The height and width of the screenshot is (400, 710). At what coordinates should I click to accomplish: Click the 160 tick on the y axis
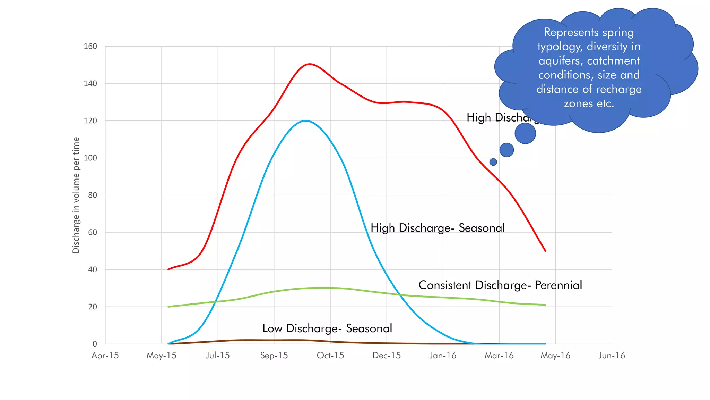90,46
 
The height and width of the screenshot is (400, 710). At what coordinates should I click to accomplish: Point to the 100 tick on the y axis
90,158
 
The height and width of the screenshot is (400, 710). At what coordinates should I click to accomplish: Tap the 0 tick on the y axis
95,344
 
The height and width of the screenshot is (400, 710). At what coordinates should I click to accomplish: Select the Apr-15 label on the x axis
105,356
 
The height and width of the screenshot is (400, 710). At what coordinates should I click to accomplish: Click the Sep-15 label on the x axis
274,356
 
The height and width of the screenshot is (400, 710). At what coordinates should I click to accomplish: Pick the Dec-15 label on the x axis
387,356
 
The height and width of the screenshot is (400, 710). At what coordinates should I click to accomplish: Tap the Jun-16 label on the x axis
612,356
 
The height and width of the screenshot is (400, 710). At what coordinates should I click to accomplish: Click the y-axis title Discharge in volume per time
76,195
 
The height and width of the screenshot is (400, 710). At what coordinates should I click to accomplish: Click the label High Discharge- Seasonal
438,228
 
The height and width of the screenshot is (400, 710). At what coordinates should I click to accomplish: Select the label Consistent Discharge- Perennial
500,285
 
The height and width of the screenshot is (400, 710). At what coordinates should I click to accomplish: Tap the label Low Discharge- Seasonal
327,328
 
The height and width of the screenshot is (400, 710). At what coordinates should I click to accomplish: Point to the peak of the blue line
305,120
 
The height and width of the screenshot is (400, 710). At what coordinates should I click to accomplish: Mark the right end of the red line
545,251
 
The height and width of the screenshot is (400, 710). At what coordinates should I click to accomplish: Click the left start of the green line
168,307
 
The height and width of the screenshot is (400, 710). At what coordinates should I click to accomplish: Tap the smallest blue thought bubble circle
493,162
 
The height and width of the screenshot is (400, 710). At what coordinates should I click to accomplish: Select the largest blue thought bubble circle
525,133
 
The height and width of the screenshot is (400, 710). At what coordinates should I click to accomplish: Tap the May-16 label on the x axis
555,356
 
